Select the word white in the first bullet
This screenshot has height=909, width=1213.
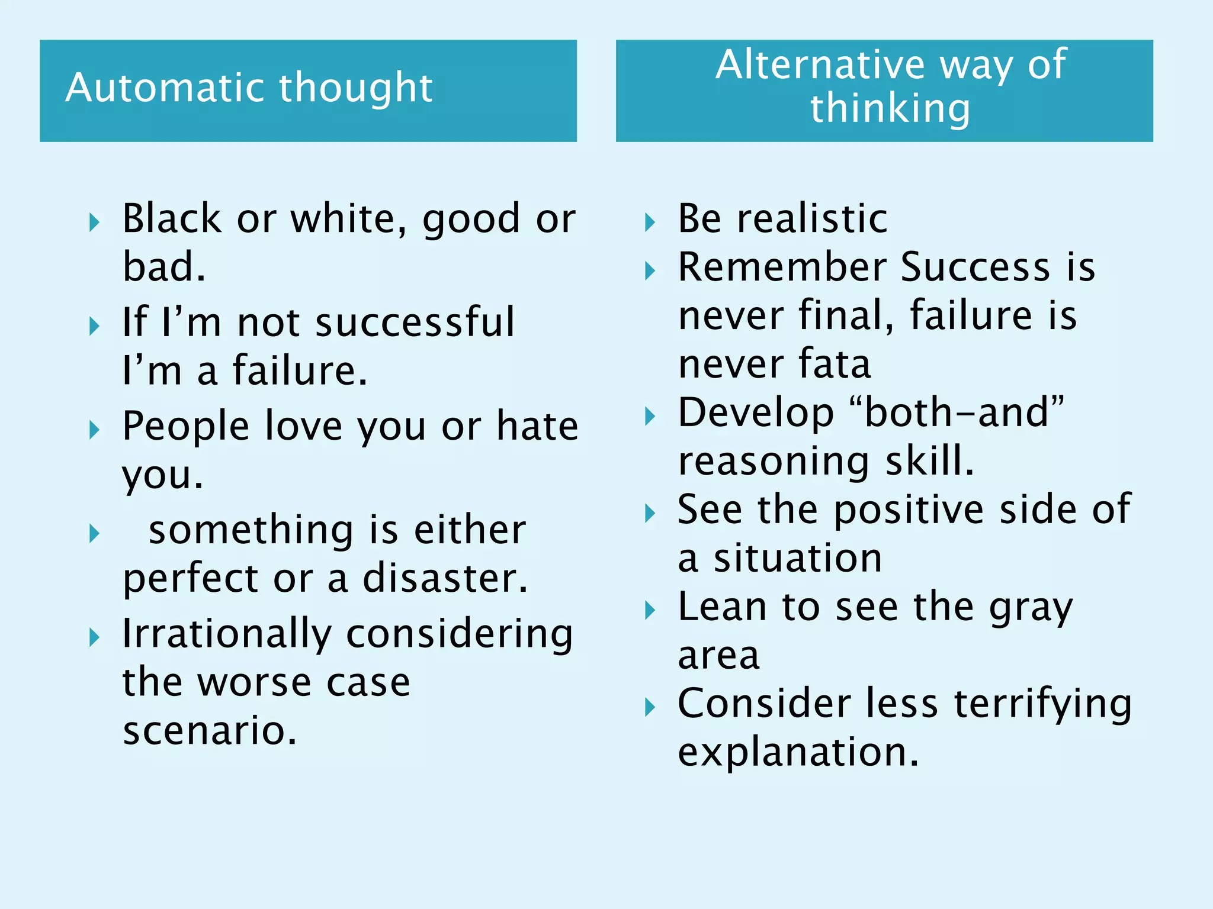(x=348, y=218)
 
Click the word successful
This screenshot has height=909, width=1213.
(x=415, y=323)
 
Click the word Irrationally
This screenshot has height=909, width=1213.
(x=227, y=634)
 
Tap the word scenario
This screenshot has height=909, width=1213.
(x=209, y=730)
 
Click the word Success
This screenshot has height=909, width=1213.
(x=975, y=267)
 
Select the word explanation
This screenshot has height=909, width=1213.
(x=798, y=752)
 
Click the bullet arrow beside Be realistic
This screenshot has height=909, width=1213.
(x=650, y=223)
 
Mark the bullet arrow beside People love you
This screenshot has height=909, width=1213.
(x=94, y=430)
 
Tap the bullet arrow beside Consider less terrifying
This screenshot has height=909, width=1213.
(x=650, y=707)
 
